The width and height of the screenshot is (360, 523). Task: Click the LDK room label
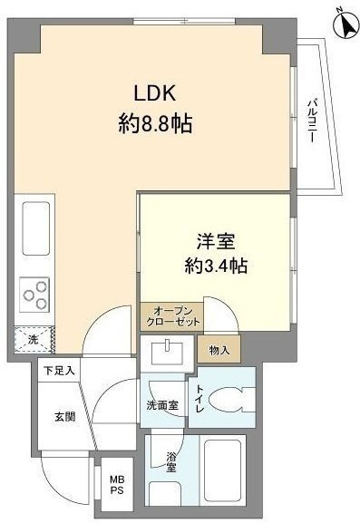[x=154, y=92]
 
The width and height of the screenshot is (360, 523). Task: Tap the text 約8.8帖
[x=155, y=124]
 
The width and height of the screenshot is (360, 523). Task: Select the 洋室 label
[x=216, y=241]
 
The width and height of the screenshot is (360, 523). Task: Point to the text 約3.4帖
[x=216, y=266]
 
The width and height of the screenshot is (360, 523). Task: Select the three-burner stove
[x=34, y=295]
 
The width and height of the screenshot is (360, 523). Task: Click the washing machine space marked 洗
[x=34, y=340]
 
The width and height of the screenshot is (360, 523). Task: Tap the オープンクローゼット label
[x=172, y=317]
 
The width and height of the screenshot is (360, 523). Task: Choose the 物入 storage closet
[x=219, y=349]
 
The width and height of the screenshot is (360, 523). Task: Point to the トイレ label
[x=199, y=398]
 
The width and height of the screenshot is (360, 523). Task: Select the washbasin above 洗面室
[x=167, y=353]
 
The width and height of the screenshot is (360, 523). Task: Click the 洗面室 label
[x=162, y=405]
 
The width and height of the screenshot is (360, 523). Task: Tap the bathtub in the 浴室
[x=222, y=470]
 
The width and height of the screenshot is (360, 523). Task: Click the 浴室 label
[x=171, y=461]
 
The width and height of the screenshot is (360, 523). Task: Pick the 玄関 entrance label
[x=64, y=416]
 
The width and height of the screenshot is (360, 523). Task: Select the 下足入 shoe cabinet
[x=59, y=370]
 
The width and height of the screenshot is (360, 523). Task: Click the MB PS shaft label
[x=117, y=485]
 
